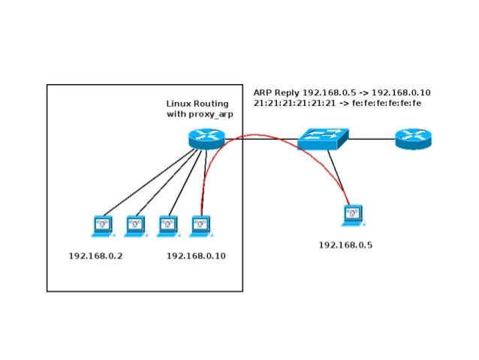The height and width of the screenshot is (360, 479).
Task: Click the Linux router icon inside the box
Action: [206, 138]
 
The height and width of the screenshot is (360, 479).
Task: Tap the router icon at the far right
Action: [414, 139]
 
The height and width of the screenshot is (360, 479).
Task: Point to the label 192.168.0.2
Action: [95, 256]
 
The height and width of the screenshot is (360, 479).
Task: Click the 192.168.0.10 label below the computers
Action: [196, 256]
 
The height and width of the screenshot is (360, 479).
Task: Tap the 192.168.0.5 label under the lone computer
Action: [345, 245]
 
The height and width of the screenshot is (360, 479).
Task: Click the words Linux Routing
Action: [197, 103]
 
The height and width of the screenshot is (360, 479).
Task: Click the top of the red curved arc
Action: [255, 135]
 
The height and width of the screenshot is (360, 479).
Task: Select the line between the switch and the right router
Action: [372, 139]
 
